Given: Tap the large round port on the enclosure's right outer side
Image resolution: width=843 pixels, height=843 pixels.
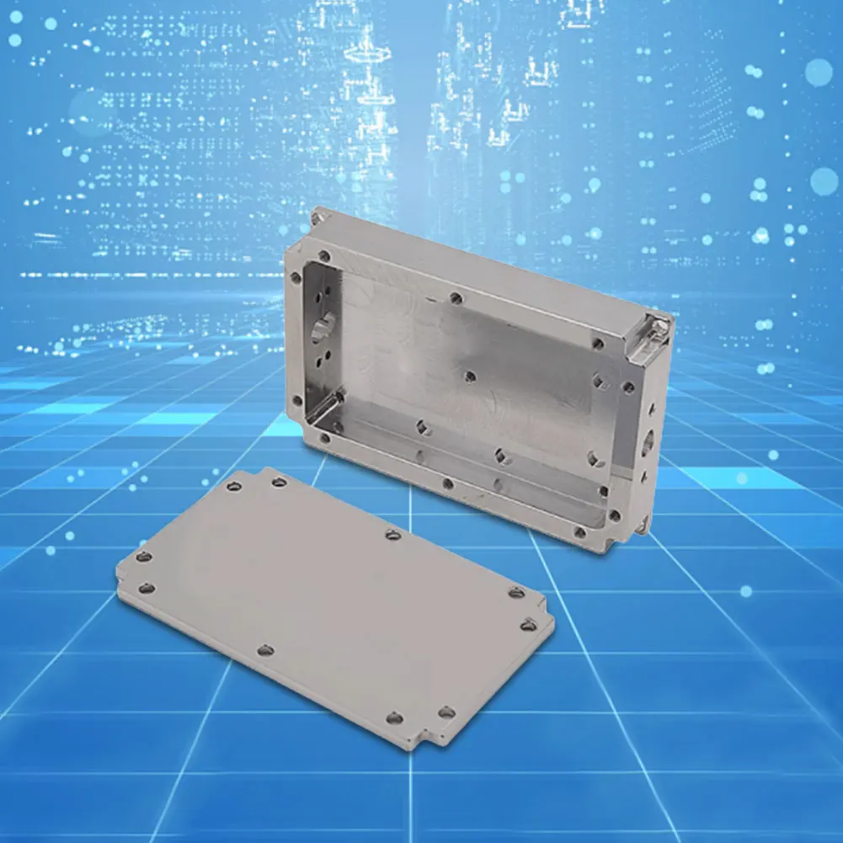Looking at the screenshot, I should (x=647, y=441).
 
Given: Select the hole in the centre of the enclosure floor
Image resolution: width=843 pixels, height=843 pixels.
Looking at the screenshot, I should (x=470, y=376).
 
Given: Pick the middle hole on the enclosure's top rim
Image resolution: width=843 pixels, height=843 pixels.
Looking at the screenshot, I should (x=456, y=297).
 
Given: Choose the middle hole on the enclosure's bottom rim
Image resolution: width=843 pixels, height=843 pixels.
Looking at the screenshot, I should (x=447, y=483).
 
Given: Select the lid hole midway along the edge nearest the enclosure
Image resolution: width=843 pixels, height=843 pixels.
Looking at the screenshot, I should (x=392, y=534).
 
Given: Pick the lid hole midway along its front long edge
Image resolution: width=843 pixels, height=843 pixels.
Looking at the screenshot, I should (x=266, y=649).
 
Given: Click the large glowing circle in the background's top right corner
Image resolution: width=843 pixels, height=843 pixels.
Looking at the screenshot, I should (x=819, y=72).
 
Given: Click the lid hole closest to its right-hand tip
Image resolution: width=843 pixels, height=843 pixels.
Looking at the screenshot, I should (x=528, y=625).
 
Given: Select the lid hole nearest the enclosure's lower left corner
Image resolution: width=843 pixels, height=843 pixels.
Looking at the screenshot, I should (x=279, y=483).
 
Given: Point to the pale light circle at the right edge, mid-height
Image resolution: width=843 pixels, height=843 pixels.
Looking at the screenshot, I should (x=824, y=181).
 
